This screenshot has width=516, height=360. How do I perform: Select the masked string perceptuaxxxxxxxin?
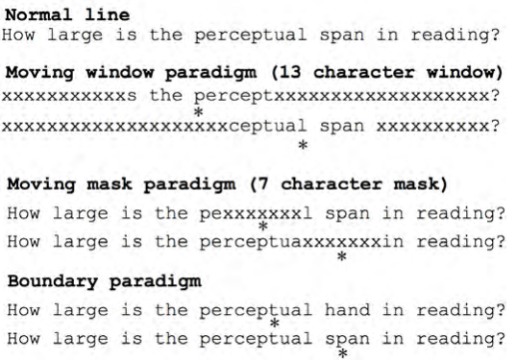tap(301, 242)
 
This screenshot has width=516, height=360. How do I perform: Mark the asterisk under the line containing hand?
tap(275, 325)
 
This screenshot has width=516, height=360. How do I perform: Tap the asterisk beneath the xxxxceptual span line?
tap(303, 146)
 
